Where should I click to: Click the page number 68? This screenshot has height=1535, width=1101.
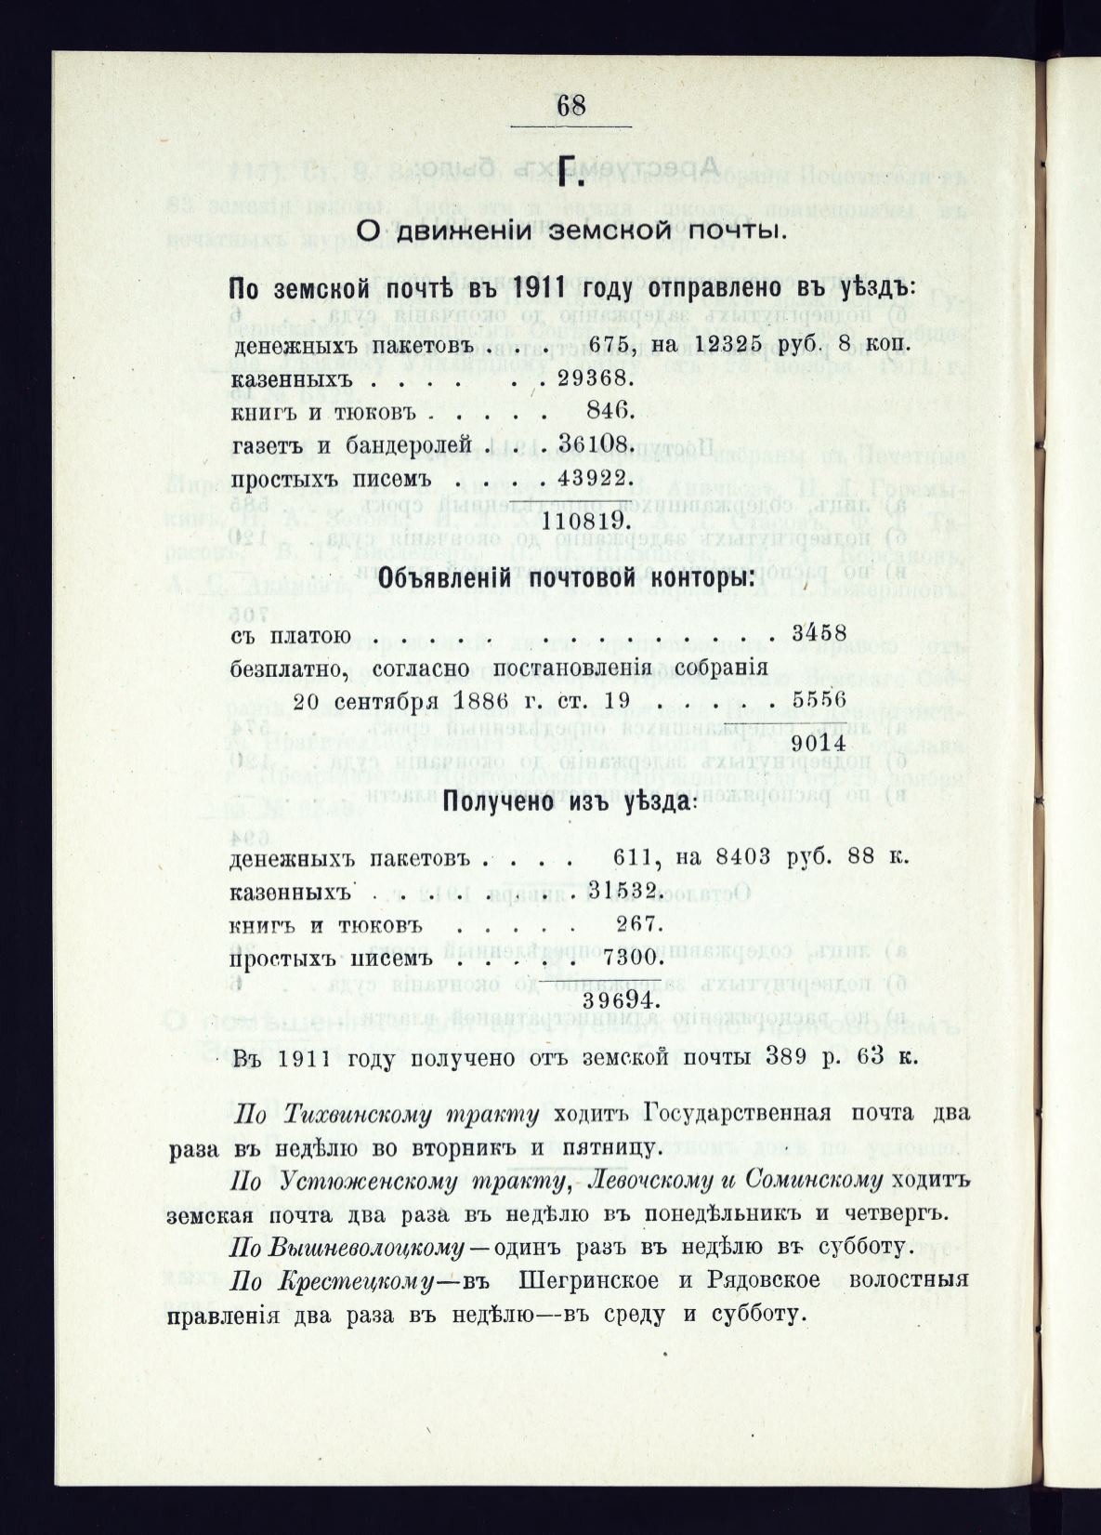[x=570, y=105]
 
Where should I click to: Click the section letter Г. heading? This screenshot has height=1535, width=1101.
[x=572, y=173]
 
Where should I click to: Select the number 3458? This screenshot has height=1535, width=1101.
[x=818, y=636]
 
